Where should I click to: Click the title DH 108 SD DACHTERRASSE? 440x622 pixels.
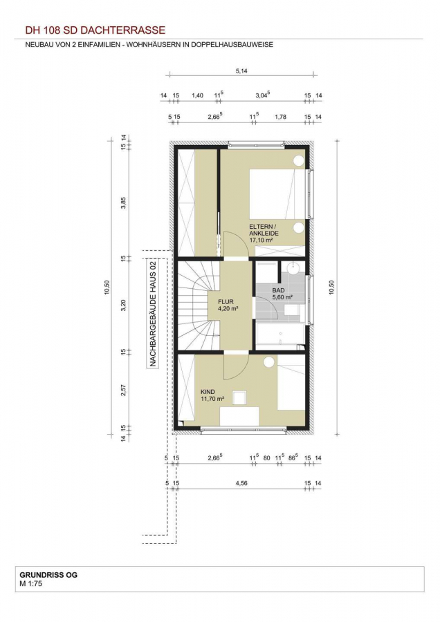point(95,30)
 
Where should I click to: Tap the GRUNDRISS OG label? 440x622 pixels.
point(48,575)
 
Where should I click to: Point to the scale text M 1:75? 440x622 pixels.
point(30,583)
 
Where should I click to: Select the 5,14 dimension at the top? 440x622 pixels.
point(241,71)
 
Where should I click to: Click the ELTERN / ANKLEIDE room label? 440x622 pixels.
point(264,229)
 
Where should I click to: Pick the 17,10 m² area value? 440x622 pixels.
point(261,240)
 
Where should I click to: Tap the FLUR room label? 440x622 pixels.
point(226,301)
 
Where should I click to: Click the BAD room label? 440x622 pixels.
point(278,290)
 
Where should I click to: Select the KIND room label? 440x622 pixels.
point(208,392)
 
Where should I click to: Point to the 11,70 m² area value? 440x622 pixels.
point(212,399)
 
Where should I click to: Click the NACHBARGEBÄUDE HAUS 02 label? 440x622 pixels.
point(152,313)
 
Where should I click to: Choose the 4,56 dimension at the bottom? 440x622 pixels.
point(241,483)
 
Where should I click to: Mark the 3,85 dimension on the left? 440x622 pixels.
point(124,202)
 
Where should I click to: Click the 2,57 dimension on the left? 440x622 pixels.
point(124,390)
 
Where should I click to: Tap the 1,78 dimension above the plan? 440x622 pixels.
point(280,117)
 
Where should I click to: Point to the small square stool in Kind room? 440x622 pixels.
point(239,397)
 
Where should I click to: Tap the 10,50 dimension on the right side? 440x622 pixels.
point(331,288)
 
